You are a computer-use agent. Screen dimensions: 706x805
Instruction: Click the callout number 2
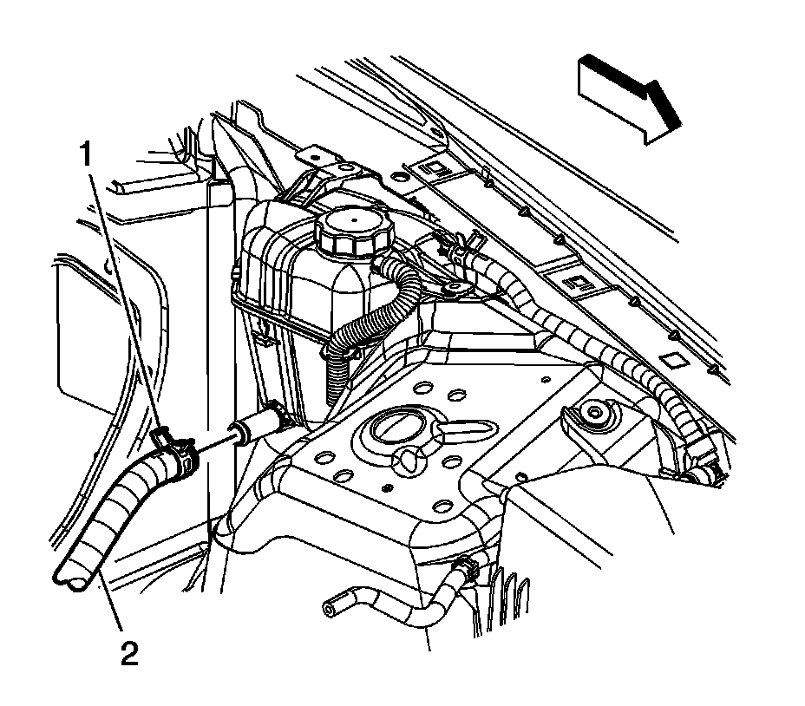coord(128,652)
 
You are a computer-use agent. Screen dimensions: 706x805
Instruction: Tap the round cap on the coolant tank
coord(353,232)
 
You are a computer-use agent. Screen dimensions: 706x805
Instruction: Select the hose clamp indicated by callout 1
coord(176,451)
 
